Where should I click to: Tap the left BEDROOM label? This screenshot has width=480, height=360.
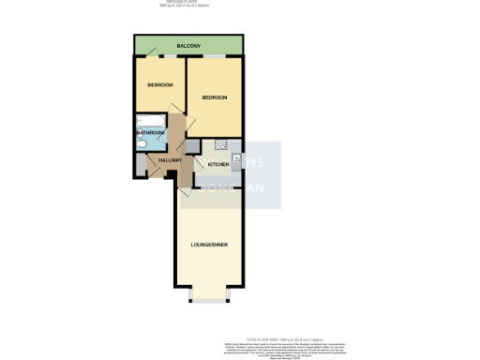pyautogui.click(x=159, y=84)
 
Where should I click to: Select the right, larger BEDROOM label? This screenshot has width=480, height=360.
pyautogui.click(x=217, y=97)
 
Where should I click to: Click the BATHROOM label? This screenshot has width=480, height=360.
pyautogui.click(x=151, y=133)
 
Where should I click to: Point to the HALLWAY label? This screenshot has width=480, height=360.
pyautogui.click(x=170, y=162)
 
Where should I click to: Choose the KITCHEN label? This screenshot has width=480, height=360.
pyautogui.click(x=217, y=164)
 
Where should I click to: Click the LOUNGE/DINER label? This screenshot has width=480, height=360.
pyautogui.click(x=209, y=246)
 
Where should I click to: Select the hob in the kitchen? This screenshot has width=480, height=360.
pyautogui.click(x=221, y=144)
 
